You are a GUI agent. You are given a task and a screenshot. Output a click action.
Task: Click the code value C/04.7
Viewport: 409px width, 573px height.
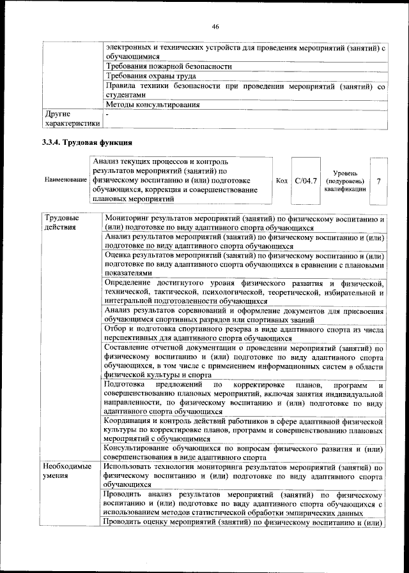tap(306, 182)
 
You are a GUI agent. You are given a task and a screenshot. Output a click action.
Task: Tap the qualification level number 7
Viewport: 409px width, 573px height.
tap(379, 182)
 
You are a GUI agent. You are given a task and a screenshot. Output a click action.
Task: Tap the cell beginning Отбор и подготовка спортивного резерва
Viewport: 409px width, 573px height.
tap(245, 332)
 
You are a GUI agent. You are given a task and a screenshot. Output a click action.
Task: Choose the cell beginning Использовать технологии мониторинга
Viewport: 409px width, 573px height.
tap(245, 475)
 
